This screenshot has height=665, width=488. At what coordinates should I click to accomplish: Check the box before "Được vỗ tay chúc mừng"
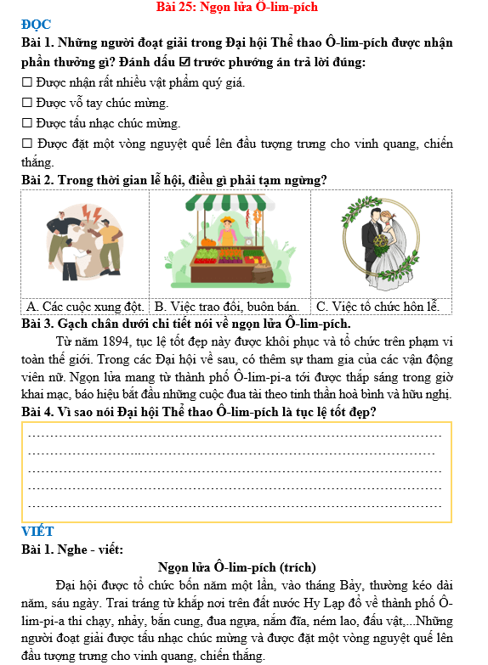pyautogui.click(x=27, y=104)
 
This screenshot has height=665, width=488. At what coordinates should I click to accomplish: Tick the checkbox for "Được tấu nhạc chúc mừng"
pyautogui.click(x=27, y=124)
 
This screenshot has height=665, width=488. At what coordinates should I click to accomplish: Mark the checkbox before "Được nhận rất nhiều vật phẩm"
pyautogui.click(x=27, y=83)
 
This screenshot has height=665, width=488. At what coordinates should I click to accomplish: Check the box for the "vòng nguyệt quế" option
pyautogui.click(x=27, y=144)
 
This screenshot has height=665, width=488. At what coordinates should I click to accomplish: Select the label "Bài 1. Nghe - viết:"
pyautogui.click(x=72, y=549)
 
